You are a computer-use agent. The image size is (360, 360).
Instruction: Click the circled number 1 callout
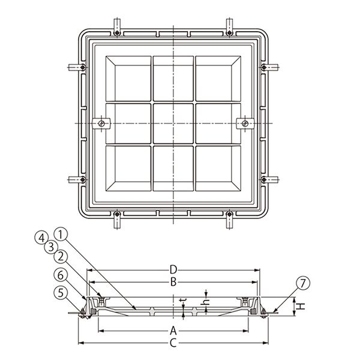(61, 235)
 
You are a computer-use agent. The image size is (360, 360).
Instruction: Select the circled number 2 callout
(61, 256)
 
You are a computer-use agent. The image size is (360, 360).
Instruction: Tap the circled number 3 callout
(51, 247)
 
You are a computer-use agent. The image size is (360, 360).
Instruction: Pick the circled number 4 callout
(41, 238)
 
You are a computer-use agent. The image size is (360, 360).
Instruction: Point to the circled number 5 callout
(61, 293)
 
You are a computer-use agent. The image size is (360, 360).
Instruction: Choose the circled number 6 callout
(61, 275)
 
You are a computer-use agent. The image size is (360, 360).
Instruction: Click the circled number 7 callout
(303, 283)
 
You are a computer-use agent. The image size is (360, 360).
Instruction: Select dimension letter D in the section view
(173, 270)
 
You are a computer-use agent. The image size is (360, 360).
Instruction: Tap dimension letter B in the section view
(173, 282)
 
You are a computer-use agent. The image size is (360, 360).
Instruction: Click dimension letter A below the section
(173, 331)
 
